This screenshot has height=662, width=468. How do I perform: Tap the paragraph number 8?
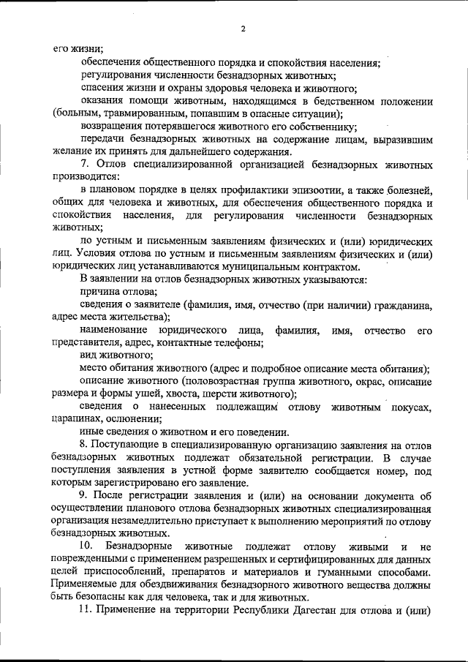(x=84, y=445)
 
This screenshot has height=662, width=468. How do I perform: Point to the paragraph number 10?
(x=87, y=546)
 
